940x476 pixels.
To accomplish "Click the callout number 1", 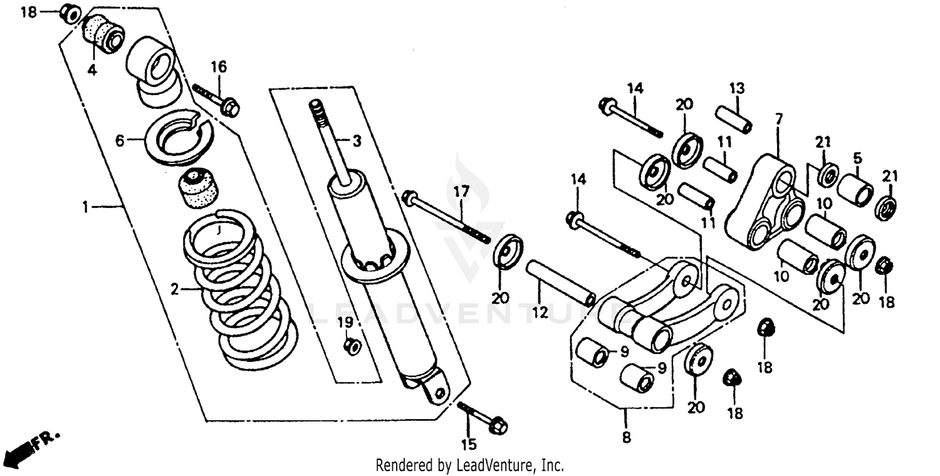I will (x=86, y=206).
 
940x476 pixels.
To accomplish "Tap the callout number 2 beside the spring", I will (x=175, y=289).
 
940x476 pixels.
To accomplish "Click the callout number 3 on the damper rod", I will (x=356, y=142).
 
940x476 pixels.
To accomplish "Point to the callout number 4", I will (x=92, y=70).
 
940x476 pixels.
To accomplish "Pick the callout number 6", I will (x=120, y=142).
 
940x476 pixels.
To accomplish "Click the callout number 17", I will (x=461, y=193).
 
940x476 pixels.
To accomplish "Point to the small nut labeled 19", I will (x=353, y=346).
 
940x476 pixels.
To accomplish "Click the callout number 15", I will (x=469, y=445).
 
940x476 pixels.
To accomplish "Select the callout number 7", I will (x=779, y=118).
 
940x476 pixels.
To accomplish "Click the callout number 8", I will (x=627, y=438).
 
